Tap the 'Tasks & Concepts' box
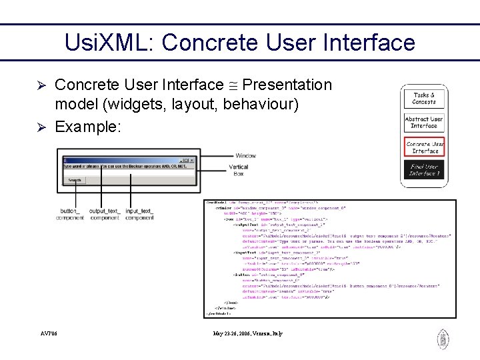[x=424, y=99]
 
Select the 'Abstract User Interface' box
[x=424, y=123]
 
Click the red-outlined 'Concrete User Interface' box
[x=424, y=147]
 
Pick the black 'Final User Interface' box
[x=424, y=169]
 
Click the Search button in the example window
[x=75, y=180]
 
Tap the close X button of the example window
[x=191, y=161]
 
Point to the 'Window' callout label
[x=245, y=156]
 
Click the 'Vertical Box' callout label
[x=239, y=170]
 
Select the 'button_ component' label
[x=70, y=214]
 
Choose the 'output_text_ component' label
[x=104, y=214]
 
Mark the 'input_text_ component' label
[x=139, y=214]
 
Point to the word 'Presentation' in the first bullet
[x=287, y=85]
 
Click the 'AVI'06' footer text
[x=49, y=333]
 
